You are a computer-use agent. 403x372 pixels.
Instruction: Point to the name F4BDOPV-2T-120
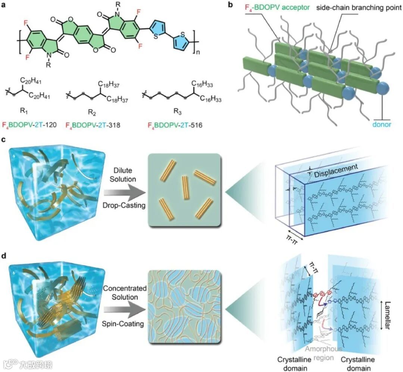(29, 125)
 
